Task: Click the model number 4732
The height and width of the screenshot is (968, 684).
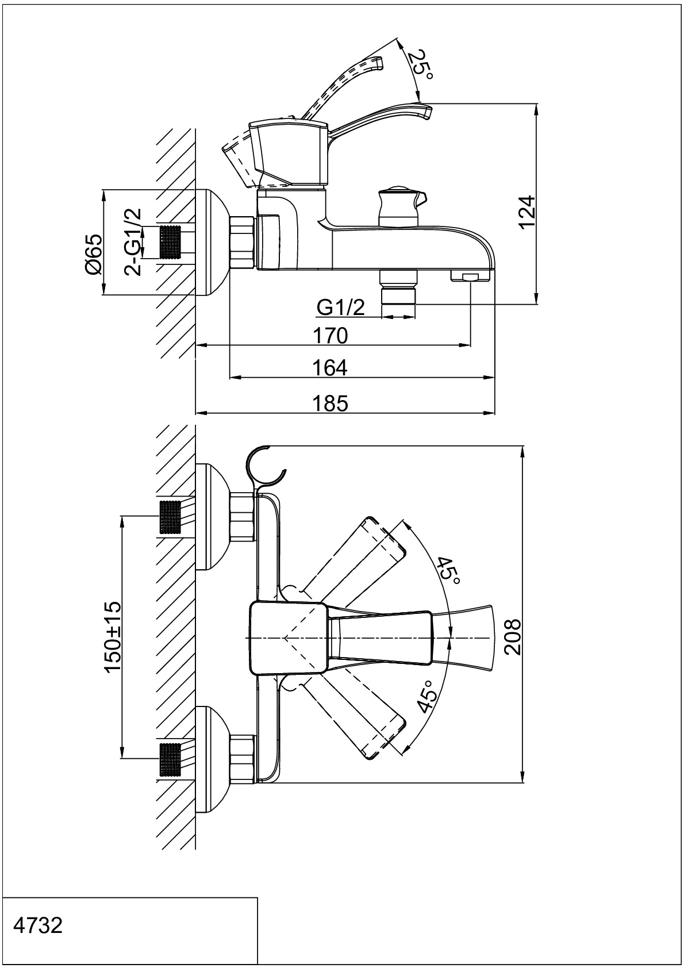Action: click(37, 926)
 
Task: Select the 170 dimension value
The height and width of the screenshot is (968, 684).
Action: click(331, 335)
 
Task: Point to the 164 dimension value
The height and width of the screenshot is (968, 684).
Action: click(331, 367)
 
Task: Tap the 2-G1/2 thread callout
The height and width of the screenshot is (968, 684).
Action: click(133, 241)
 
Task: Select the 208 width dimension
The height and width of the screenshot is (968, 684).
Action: click(511, 637)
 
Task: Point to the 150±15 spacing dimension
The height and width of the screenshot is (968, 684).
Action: click(113, 637)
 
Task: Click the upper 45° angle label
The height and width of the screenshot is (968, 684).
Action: click(449, 571)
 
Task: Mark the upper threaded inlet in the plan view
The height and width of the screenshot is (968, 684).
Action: click(170, 517)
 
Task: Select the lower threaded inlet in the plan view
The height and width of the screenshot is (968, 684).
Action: click(170, 760)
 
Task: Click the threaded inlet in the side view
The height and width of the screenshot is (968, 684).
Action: click(170, 242)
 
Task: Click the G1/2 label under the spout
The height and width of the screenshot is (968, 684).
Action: click(341, 308)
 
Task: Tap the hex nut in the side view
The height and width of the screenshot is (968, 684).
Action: click(242, 241)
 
